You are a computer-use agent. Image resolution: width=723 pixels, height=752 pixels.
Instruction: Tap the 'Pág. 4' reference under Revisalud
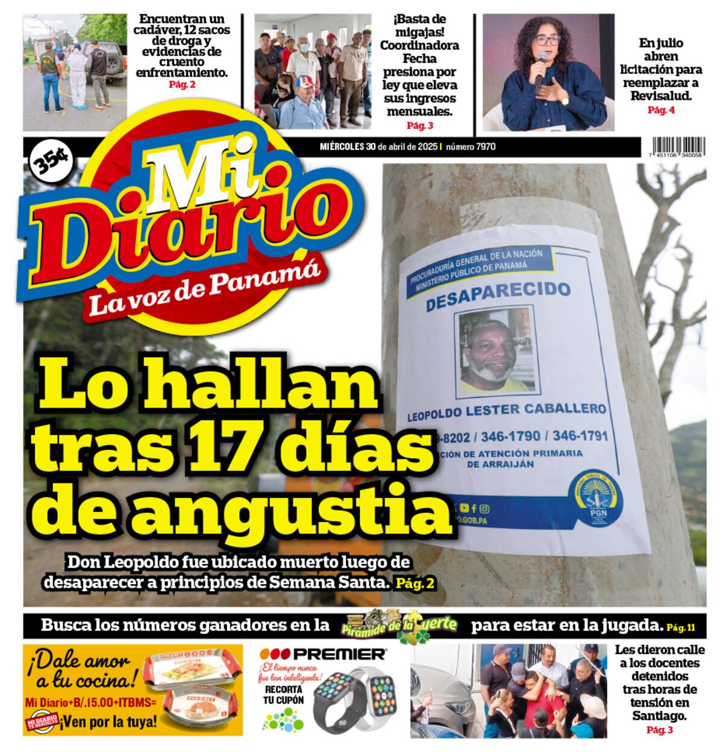pyautogui.click(x=661, y=110)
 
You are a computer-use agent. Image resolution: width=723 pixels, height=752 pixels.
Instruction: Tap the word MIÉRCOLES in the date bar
pyautogui.click(x=342, y=146)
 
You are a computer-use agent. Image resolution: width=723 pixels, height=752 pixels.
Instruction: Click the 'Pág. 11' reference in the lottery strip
pyautogui.click(x=680, y=627)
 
